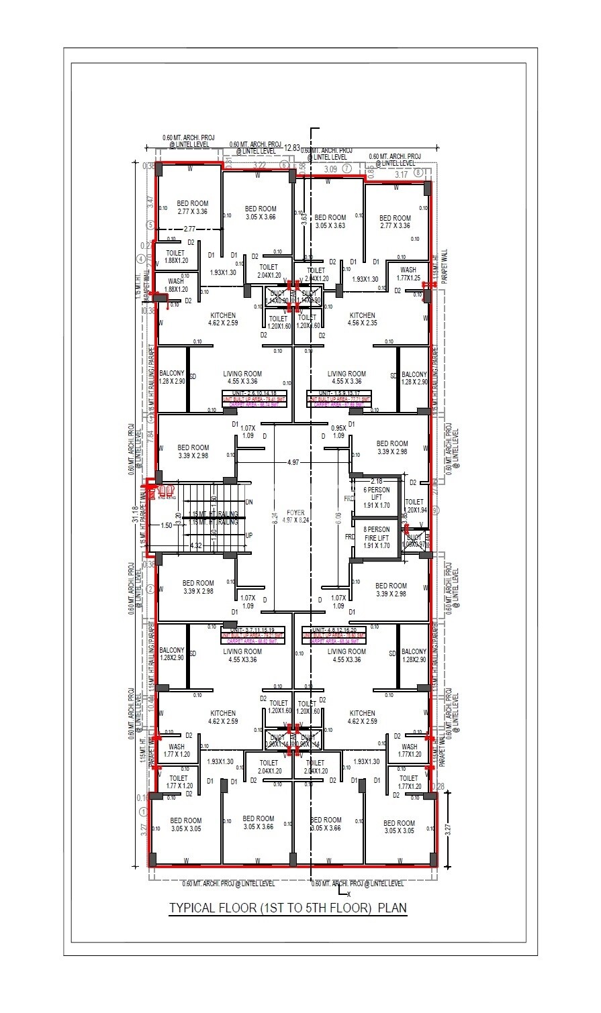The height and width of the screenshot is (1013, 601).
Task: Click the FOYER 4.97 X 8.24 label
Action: [x=293, y=517]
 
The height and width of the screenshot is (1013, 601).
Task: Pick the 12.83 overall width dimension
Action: [x=291, y=148]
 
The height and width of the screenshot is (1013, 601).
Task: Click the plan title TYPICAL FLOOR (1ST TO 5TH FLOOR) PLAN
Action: [x=287, y=908]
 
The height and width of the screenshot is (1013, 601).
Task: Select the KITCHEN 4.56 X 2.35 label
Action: [x=362, y=319]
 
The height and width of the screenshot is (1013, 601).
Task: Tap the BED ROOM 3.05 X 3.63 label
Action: [x=330, y=221]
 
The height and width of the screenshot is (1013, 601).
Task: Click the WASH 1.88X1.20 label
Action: [x=176, y=285]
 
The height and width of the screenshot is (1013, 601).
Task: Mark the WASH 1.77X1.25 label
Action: [x=408, y=274]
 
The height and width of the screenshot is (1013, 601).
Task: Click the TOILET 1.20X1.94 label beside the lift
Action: [x=414, y=506]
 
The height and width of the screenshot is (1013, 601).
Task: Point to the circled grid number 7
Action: [x=346, y=169]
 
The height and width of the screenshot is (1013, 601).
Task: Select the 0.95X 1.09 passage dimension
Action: [x=338, y=431]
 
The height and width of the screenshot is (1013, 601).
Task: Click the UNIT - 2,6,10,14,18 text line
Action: [x=255, y=394]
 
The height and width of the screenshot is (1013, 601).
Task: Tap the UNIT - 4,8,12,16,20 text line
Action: [x=334, y=630]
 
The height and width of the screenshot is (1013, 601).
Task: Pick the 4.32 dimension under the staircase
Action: [x=196, y=546]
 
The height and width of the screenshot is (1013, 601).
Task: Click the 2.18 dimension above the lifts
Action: [x=377, y=481]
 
